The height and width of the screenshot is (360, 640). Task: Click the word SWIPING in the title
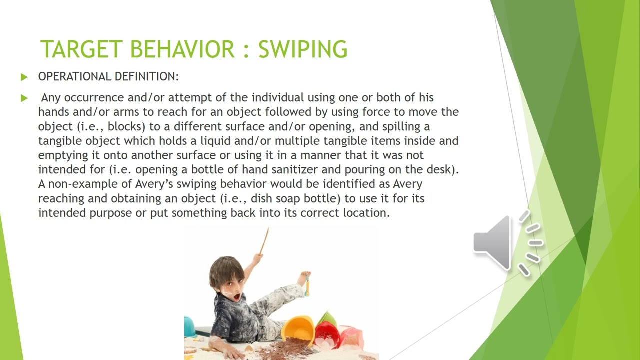coord(303,49)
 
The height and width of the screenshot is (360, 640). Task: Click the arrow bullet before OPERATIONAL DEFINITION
coord(24,77)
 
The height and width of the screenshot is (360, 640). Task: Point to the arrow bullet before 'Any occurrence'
coord(24,98)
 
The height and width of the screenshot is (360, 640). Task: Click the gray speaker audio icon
coord(506,243)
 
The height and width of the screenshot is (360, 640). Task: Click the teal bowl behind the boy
coord(190,326)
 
